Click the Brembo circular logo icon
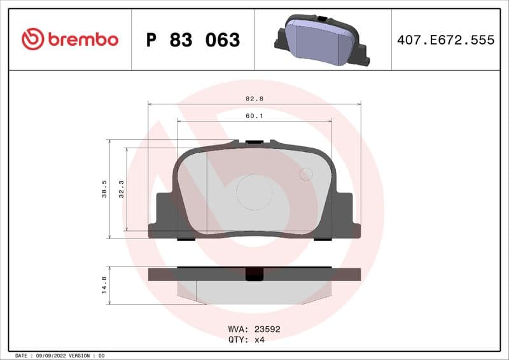[x=32, y=39]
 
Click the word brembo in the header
[x=82, y=39]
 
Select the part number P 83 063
[x=193, y=40]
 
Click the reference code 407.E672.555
[x=445, y=40]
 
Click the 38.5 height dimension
[x=104, y=189]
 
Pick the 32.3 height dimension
[x=122, y=189]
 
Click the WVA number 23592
[x=267, y=329]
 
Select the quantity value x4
[x=259, y=340]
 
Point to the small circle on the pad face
[x=306, y=174]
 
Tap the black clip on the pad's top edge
[x=254, y=141]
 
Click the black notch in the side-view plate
[x=254, y=274]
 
